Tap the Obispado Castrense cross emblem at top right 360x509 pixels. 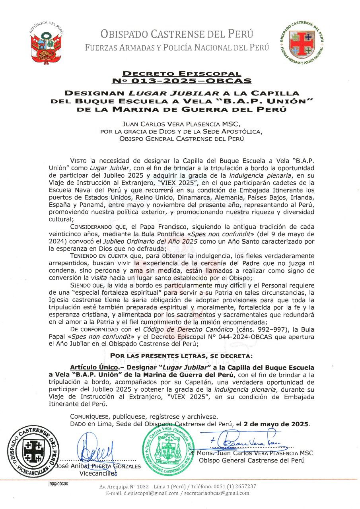coord(302,43)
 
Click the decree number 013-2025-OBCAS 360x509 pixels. coord(181,81)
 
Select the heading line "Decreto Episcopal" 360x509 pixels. coord(181,74)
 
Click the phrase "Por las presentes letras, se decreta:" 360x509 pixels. coord(181,355)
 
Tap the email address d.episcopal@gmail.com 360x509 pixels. coord(148,493)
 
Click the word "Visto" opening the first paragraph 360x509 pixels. coord(79,161)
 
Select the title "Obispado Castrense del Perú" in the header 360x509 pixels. coord(177,34)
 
